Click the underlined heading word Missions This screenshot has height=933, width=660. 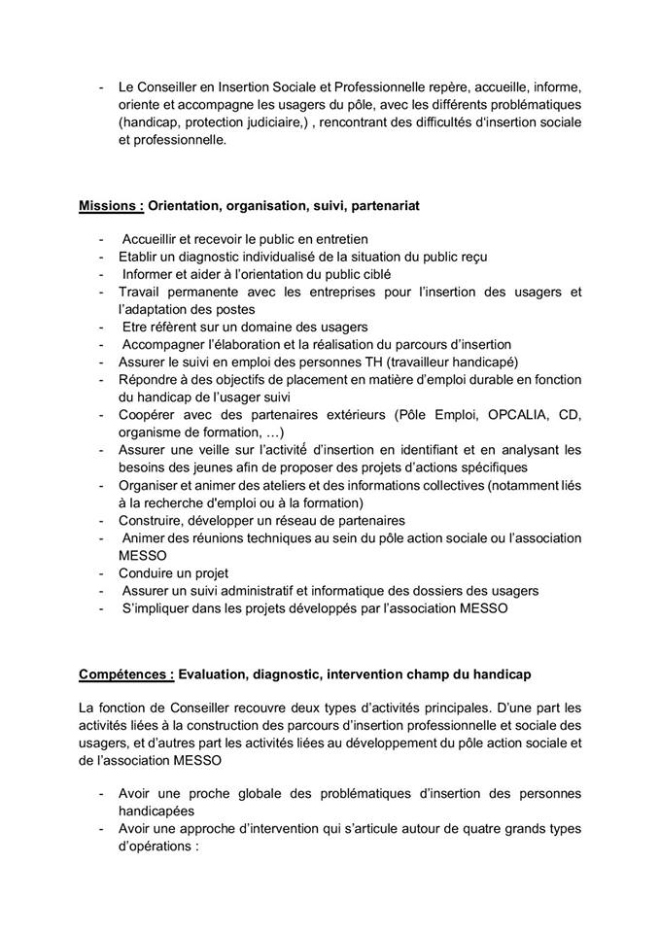(109, 206)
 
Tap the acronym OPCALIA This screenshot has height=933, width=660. (492, 415)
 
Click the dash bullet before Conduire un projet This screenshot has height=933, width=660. (101, 573)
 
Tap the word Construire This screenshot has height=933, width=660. (155, 521)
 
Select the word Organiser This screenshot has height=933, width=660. (151, 485)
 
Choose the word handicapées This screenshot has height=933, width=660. (156, 811)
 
